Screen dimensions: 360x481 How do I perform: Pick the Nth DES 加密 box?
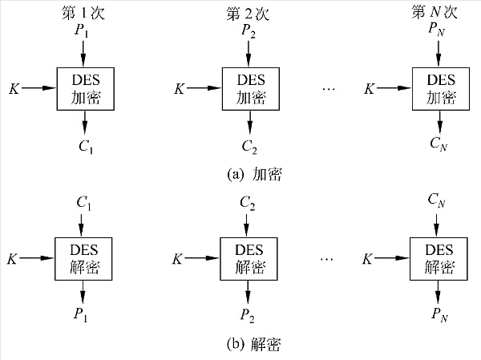coord(439,87)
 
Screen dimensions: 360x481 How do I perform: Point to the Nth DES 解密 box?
coord(438,258)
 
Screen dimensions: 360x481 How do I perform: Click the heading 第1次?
coord(83,12)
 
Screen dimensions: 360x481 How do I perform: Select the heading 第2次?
coord(249,12)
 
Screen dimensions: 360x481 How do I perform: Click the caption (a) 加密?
coord(255,173)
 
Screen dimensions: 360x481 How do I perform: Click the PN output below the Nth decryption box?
coord(439,315)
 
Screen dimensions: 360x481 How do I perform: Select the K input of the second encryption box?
coord(179,87)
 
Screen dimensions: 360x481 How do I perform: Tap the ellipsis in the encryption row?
coord(328,87)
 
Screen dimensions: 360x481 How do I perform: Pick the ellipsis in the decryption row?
coord(328,258)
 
